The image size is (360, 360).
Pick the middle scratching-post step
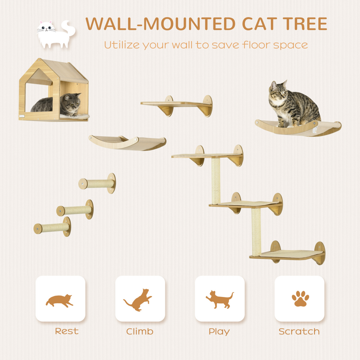coord(75,210)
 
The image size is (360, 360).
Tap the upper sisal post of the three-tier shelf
coord(216,180)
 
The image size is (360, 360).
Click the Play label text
coord(219,332)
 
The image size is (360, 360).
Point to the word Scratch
coord(299,332)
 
